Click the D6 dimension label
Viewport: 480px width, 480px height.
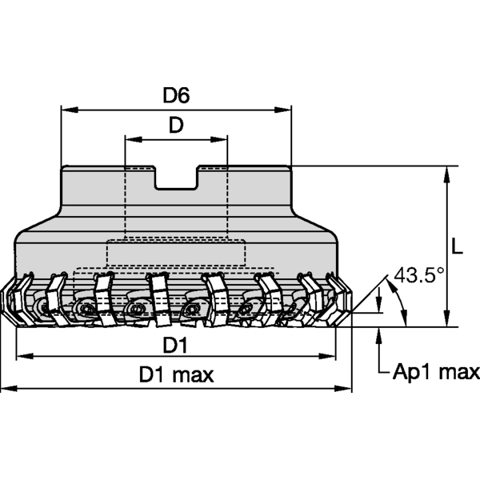pyautogui.click(x=175, y=95)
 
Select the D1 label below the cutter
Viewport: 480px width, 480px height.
pyautogui.click(x=175, y=345)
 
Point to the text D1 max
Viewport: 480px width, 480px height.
pyautogui.click(x=176, y=374)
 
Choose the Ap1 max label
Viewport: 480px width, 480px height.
pyautogui.click(x=435, y=371)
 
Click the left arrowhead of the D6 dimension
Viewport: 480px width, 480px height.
pyautogui.click(x=67, y=108)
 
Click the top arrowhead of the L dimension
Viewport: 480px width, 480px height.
pyautogui.click(x=446, y=172)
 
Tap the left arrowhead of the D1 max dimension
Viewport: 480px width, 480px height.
pyautogui.click(x=6, y=389)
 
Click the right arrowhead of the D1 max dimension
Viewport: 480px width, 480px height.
pyautogui.click(x=346, y=389)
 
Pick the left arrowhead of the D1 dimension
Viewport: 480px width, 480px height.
pyautogui.click(x=21, y=357)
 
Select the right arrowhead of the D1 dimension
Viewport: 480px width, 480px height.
pyautogui.click(x=331, y=357)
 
